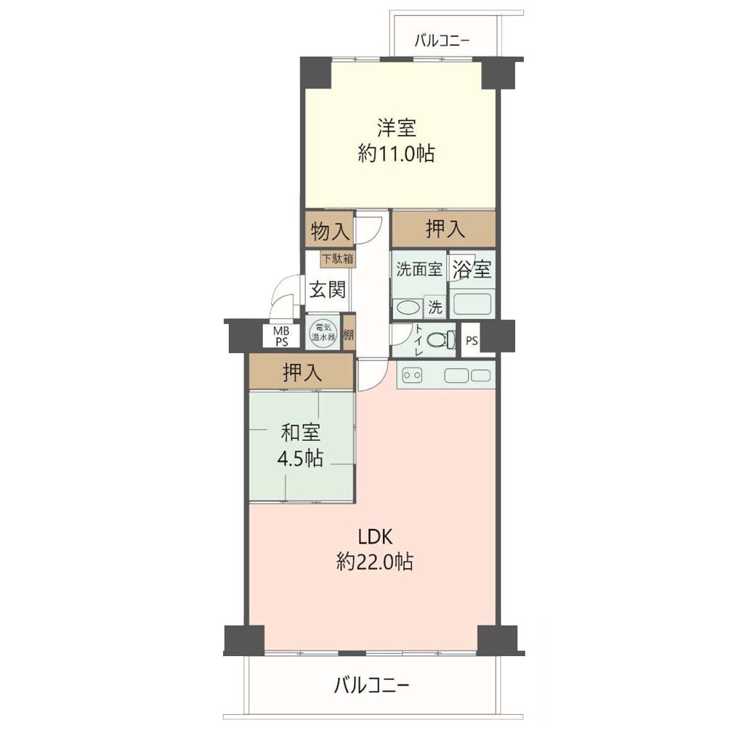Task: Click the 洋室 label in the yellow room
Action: pyautogui.click(x=396, y=128)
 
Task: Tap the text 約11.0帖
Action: pyautogui.click(x=396, y=154)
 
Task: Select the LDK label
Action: pyautogui.click(x=375, y=537)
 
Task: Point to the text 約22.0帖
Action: pyautogui.click(x=375, y=562)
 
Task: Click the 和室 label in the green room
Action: pyautogui.click(x=301, y=433)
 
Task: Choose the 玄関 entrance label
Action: pyautogui.click(x=328, y=289)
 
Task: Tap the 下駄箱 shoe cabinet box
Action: pyautogui.click(x=338, y=259)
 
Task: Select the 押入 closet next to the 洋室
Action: pyautogui.click(x=444, y=229)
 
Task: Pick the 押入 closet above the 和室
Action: pyautogui.click(x=302, y=373)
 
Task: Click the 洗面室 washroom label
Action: pyautogui.click(x=419, y=269)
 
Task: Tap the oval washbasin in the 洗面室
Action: pyautogui.click(x=408, y=307)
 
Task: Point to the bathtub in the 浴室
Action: pyautogui.click(x=472, y=304)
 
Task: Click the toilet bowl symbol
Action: pyautogui.click(x=438, y=340)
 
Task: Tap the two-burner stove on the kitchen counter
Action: pyautogui.click(x=412, y=376)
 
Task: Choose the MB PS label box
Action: pyautogui.click(x=281, y=336)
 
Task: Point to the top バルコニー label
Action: pyautogui.click(x=442, y=41)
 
